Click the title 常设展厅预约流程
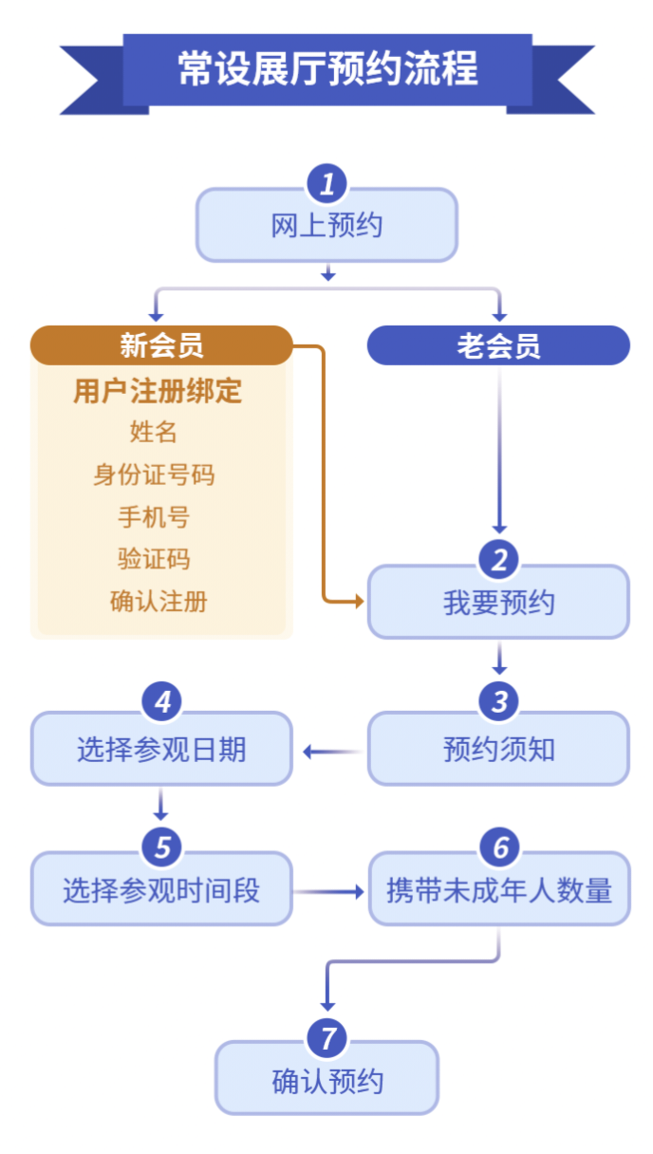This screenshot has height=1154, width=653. [327, 69]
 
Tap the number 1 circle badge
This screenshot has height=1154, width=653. [327, 183]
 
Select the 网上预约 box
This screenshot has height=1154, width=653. [327, 227]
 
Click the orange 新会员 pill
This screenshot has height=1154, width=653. [161, 345]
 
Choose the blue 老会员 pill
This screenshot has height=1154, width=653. [498, 345]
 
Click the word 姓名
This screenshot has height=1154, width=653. [154, 433]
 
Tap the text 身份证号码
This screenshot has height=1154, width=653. [154, 475]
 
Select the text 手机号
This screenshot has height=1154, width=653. [154, 517]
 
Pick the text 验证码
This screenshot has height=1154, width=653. [154, 559]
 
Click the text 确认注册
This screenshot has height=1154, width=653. [159, 602]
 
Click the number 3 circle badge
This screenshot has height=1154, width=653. [498, 702]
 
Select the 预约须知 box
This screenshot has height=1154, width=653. [498, 751]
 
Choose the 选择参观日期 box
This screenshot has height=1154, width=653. [161, 751]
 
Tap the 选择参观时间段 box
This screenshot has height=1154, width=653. [161, 891]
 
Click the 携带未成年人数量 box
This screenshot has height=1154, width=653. [499, 891]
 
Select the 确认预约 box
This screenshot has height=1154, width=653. [327, 1082]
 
